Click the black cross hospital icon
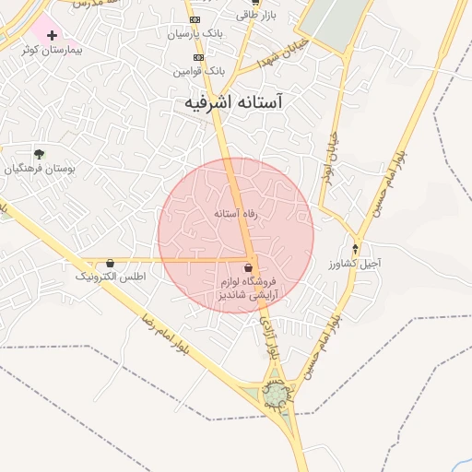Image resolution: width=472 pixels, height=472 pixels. coord(52,35)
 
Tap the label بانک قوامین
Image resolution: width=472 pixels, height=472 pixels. coord(197,70)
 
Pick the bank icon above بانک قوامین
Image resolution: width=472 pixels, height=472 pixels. coord(196,56)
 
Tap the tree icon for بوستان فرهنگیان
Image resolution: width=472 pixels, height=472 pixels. coord(39,154)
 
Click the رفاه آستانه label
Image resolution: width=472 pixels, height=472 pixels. coord(235,214)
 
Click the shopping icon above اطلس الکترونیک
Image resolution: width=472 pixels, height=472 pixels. coord(111,263)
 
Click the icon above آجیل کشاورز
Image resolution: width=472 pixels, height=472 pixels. coord(356,249)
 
